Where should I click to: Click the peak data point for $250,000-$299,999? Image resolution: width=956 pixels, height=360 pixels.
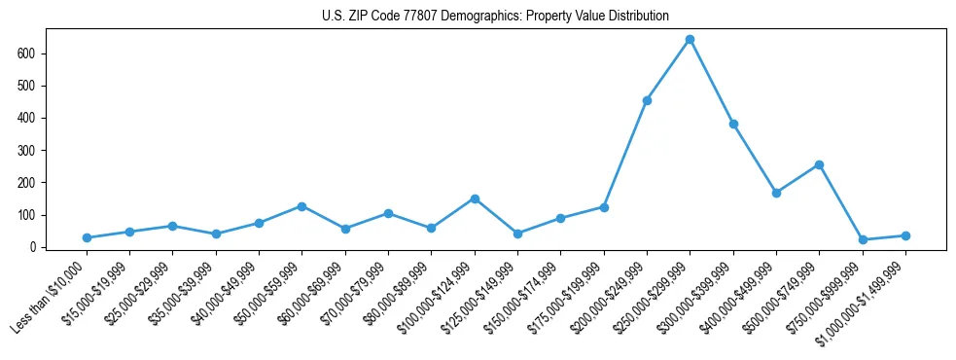(x=690, y=40)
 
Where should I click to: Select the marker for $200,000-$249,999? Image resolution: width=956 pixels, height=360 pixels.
(x=647, y=100)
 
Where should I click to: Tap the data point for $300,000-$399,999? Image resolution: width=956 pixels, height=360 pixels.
(x=733, y=125)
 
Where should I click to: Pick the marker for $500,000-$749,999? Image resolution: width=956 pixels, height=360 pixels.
(x=819, y=164)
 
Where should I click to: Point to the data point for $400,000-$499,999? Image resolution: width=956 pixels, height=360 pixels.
(x=776, y=193)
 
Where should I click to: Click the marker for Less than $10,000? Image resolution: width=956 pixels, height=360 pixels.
(x=87, y=237)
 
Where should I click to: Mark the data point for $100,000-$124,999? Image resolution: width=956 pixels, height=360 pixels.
(x=475, y=198)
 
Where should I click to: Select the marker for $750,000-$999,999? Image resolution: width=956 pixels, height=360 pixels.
(x=863, y=239)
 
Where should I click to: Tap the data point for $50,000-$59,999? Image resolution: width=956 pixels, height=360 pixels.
(x=302, y=206)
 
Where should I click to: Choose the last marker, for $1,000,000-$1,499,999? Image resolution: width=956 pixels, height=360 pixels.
(x=905, y=235)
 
